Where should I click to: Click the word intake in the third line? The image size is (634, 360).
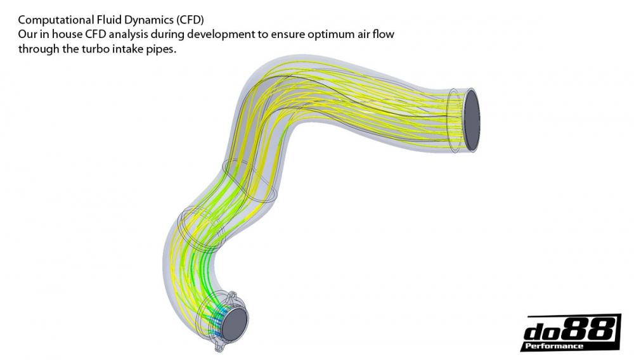[122, 49]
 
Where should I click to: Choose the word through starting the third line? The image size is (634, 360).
[37, 49]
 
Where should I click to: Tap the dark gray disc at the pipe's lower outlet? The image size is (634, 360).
[234, 322]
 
